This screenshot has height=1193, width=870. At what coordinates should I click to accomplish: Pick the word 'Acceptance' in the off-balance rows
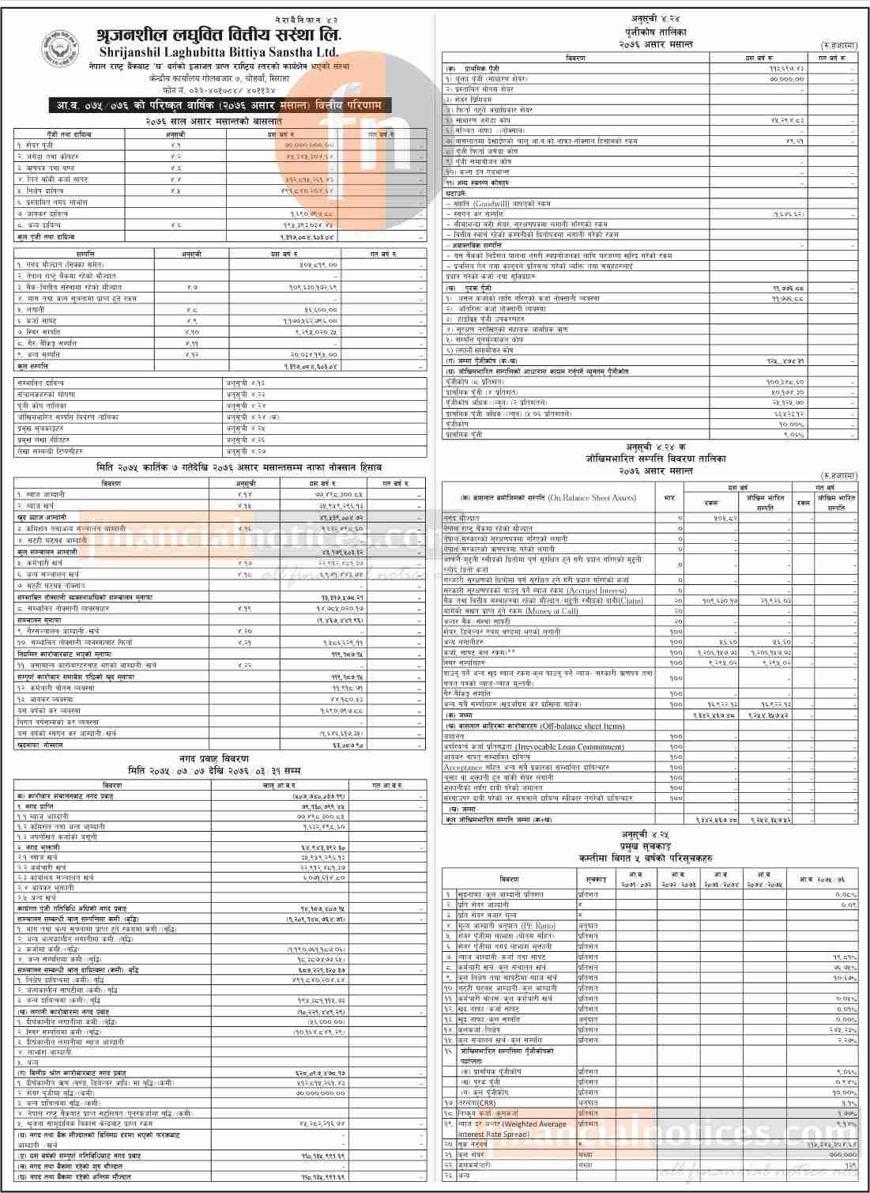(x=462, y=767)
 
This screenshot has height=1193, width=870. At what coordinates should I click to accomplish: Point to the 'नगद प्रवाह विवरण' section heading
(x=214, y=757)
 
